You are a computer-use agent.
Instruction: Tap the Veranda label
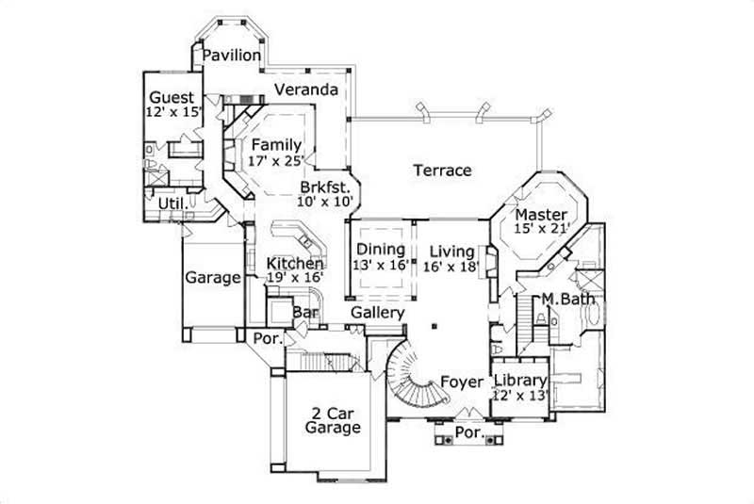tap(306, 90)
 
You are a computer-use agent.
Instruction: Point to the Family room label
tap(275, 145)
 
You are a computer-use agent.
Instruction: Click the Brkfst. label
tap(326, 186)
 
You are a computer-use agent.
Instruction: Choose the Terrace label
tap(441, 171)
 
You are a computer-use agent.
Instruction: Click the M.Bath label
tap(565, 300)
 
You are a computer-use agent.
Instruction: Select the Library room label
tap(520, 381)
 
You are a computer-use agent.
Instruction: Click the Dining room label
tap(381, 250)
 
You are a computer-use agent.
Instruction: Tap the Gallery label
tap(377, 312)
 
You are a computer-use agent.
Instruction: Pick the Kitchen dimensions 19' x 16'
tap(294, 278)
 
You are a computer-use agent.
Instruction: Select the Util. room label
tap(170, 203)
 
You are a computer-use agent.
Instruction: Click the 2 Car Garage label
tap(333, 420)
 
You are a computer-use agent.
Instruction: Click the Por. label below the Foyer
tap(469, 434)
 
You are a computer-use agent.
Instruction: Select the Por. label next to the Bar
tap(265, 336)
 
